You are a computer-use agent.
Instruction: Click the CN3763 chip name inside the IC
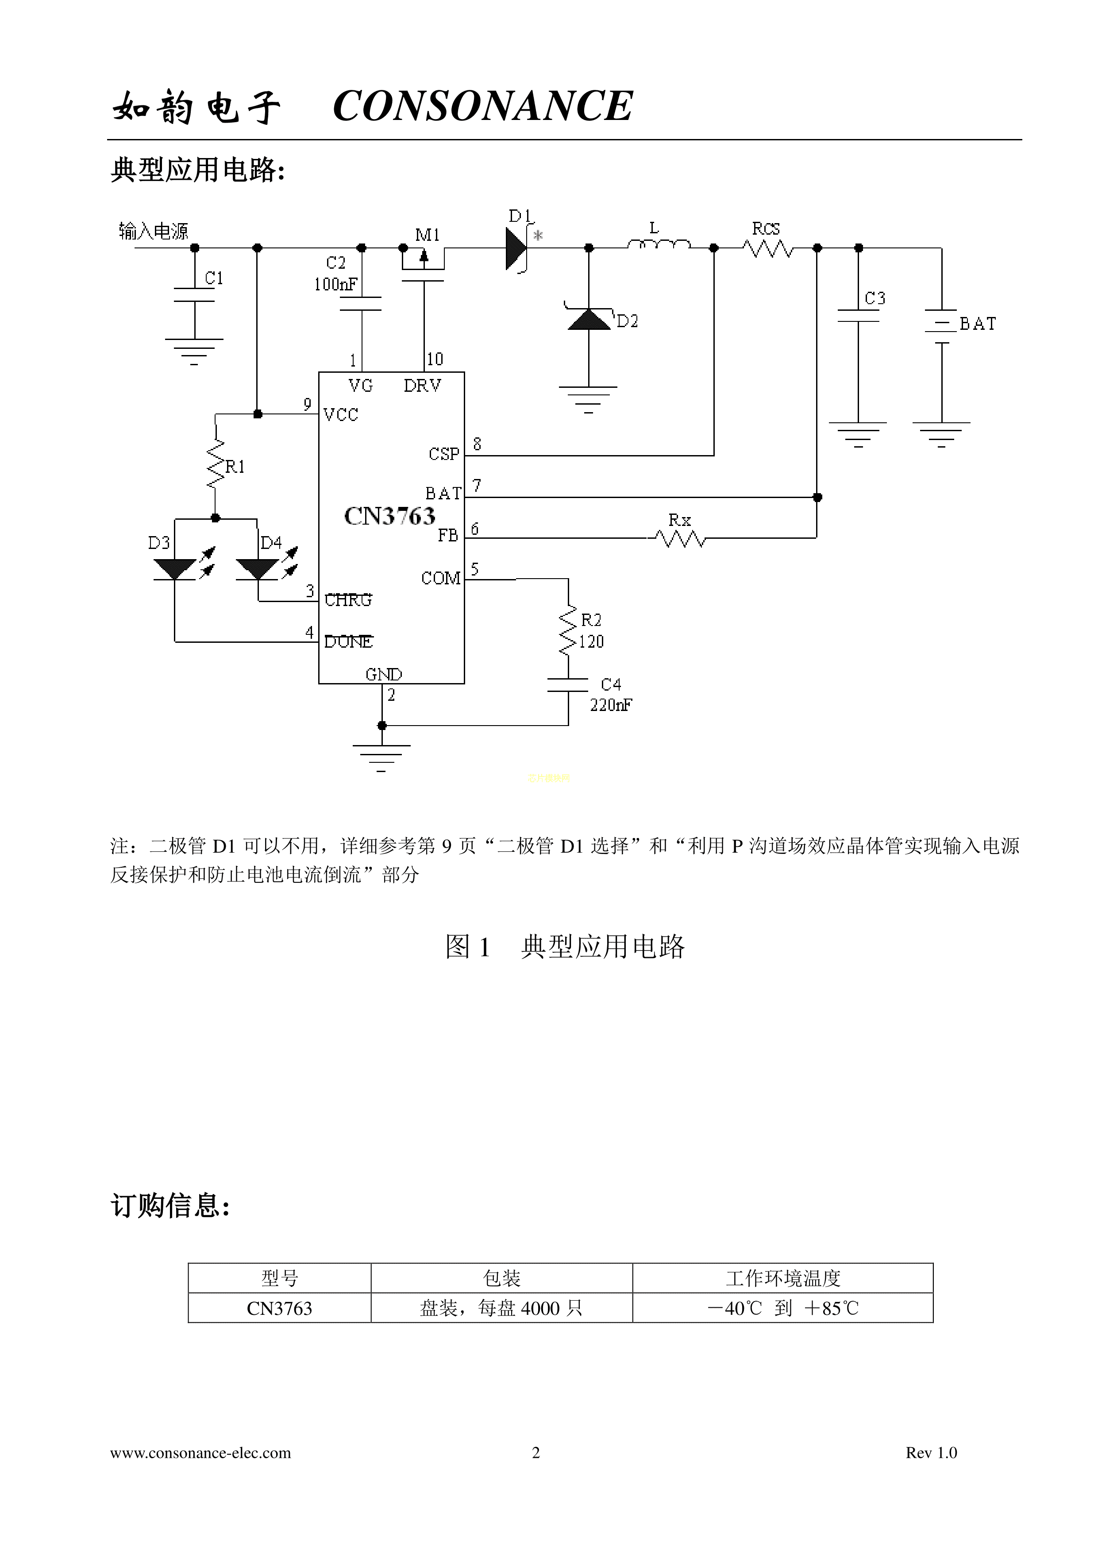[x=389, y=516]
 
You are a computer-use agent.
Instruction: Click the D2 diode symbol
[x=589, y=319]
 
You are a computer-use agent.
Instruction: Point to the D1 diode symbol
[x=516, y=249]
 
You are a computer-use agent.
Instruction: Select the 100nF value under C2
[x=335, y=284]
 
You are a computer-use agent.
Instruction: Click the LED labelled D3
[x=175, y=569]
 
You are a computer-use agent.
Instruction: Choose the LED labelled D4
[x=258, y=569]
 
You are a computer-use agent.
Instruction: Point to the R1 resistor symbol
[x=215, y=464]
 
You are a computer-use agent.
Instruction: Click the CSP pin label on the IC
[x=443, y=454]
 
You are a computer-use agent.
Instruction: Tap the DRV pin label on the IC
[x=423, y=386]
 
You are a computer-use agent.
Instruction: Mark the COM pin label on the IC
[x=441, y=578]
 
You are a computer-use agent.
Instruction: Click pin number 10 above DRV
[x=435, y=359]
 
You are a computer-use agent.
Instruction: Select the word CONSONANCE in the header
[x=483, y=106]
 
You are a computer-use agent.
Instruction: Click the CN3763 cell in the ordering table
[x=279, y=1308]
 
